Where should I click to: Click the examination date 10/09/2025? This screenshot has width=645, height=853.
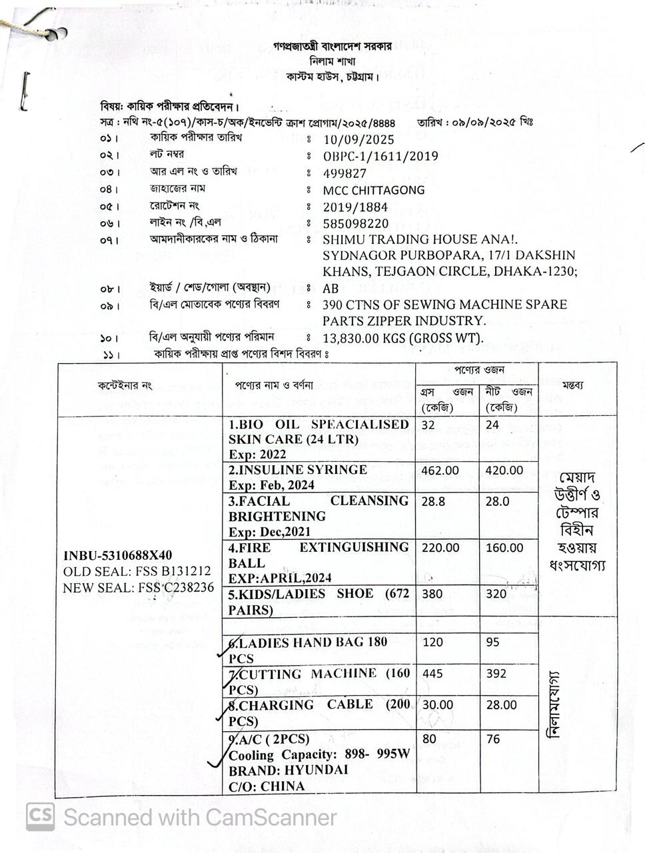(x=358, y=140)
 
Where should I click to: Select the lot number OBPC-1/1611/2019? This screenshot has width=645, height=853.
(x=380, y=157)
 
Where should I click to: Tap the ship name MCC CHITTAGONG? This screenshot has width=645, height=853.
(x=373, y=190)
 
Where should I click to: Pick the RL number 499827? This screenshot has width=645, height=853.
(x=344, y=173)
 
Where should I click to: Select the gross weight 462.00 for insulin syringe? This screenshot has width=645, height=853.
(x=440, y=470)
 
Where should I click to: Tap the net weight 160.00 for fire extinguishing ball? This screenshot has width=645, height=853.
(x=504, y=548)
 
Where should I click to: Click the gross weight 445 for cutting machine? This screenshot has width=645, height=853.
(x=432, y=674)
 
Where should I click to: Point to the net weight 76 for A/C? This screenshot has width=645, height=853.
(x=493, y=739)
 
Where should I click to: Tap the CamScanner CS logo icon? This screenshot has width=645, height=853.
(x=40, y=816)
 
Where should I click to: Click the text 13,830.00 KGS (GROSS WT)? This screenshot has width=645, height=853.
(x=403, y=338)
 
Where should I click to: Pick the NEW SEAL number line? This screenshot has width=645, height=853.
(x=139, y=588)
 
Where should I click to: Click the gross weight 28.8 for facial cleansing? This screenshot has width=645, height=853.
(x=433, y=501)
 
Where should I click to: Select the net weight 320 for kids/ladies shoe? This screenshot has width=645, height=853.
(x=496, y=594)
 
